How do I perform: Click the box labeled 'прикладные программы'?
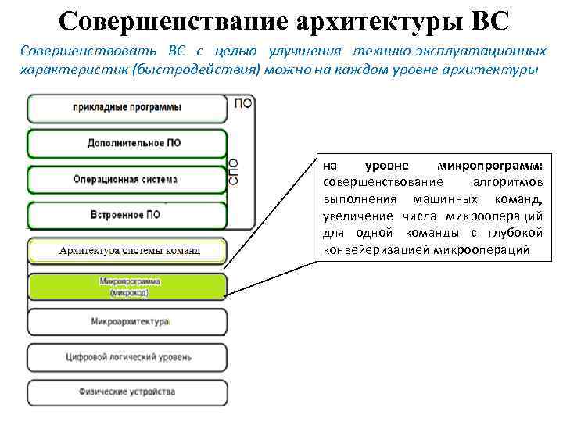pyautogui.click(x=127, y=107)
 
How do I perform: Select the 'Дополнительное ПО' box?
pyautogui.click(x=127, y=144)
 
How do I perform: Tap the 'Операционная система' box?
pyautogui.click(x=127, y=179)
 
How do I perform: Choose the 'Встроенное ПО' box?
pyautogui.click(x=127, y=215)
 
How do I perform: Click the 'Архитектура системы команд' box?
pyautogui.click(x=127, y=251)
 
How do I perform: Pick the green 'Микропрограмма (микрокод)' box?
pyautogui.click(x=127, y=287)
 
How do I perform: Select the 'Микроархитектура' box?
pyautogui.click(x=127, y=321)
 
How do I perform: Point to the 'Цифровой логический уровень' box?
pyautogui.click(x=127, y=358)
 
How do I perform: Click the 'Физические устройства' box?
pyautogui.click(x=127, y=392)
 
